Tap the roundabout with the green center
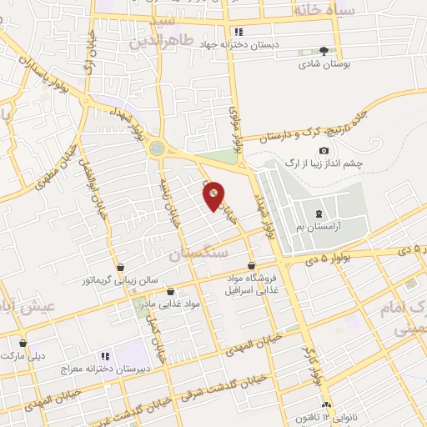[x=157, y=148]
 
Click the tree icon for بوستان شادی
[x=324, y=51]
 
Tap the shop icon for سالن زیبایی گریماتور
[x=122, y=268]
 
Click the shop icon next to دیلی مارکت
[x=23, y=343]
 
